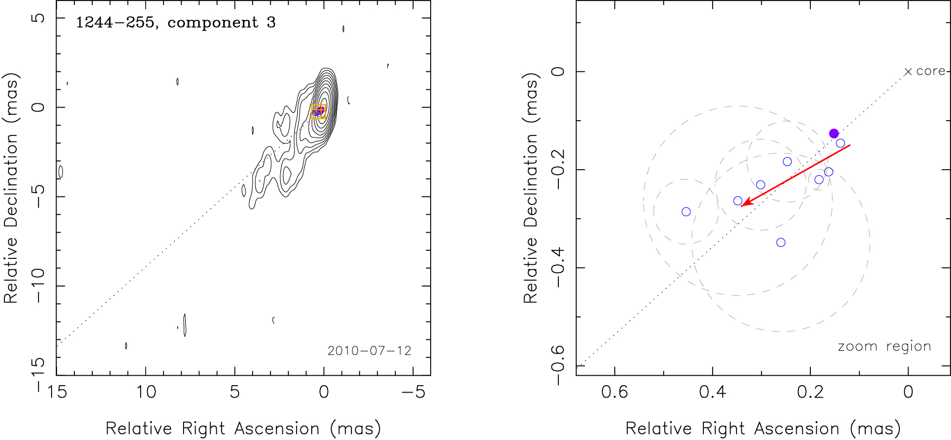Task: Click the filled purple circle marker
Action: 834,134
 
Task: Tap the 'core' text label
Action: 930,71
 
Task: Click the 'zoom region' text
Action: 884,346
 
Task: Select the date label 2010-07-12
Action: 369,351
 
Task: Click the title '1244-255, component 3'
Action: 175,23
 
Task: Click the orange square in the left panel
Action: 319,111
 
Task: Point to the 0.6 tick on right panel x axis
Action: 615,392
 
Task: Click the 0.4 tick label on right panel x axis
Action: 713,392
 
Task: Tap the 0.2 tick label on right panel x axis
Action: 810,392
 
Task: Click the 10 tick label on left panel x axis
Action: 146,392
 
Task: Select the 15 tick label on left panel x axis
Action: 56,392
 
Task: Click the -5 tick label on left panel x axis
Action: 413,392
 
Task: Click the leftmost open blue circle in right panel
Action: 686,212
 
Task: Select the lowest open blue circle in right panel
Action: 781,243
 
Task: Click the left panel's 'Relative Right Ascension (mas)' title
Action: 243,429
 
